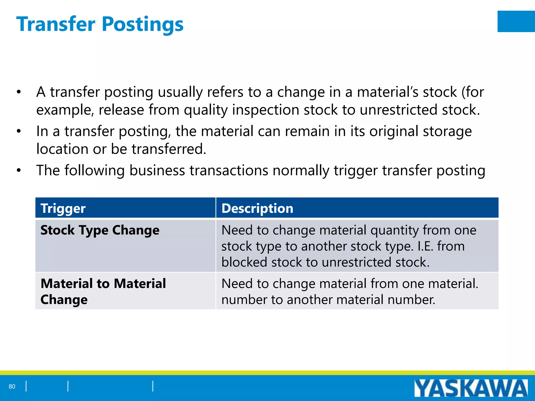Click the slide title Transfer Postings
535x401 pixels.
click(x=100, y=24)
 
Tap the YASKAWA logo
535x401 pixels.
click(x=471, y=388)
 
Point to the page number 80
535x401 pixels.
click(x=12, y=386)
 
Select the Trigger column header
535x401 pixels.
click(x=63, y=208)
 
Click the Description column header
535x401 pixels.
click(x=257, y=208)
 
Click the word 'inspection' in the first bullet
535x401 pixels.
click(x=265, y=110)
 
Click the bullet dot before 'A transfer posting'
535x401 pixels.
click(x=19, y=92)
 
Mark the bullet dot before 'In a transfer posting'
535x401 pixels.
click(x=19, y=131)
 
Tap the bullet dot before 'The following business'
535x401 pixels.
click(x=19, y=170)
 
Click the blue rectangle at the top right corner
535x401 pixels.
click(x=516, y=21)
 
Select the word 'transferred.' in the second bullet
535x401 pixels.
click(x=169, y=149)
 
